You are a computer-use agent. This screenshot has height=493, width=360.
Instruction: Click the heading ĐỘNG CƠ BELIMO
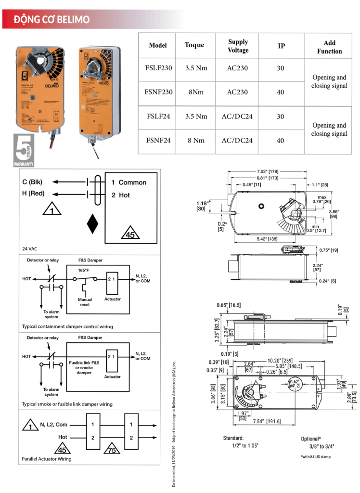tap(51, 20)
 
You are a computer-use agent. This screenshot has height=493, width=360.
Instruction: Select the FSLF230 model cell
tap(158, 68)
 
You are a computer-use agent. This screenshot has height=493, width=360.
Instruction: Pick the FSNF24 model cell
tap(158, 141)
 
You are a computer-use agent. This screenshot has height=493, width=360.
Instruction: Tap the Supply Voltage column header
tap(238, 46)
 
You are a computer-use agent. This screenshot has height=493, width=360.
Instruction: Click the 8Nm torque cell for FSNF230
tap(196, 91)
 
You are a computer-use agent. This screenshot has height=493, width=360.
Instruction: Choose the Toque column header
tap(194, 45)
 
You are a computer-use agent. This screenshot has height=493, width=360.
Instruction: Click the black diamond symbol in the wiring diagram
tap(92, 224)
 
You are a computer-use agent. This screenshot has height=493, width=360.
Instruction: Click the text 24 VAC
tap(30, 249)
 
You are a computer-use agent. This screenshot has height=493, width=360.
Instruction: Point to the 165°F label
tap(84, 270)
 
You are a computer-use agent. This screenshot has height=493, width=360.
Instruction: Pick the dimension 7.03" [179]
tap(268, 171)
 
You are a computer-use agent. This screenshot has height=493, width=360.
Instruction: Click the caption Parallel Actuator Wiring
tap(47, 459)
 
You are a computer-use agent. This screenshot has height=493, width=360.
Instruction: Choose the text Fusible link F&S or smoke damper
tap(84, 367)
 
